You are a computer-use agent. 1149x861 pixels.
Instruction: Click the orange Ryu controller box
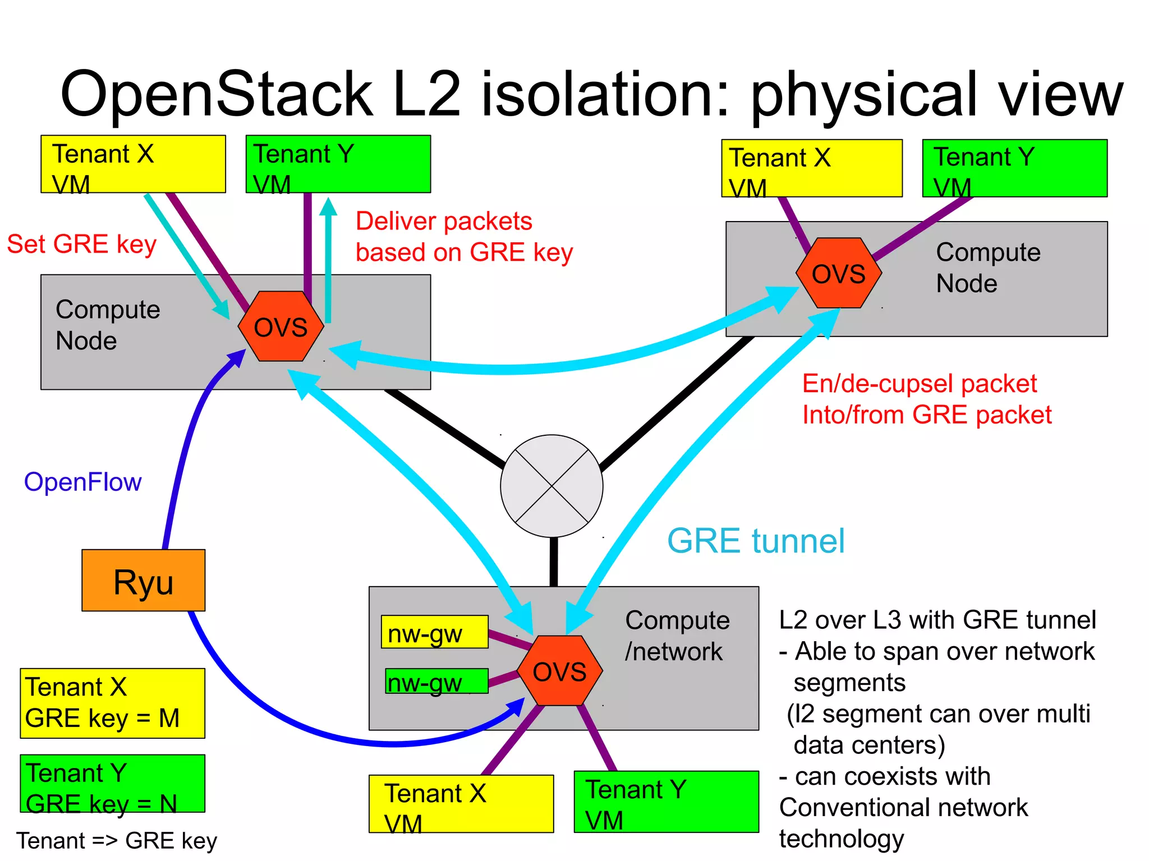click(143, 580)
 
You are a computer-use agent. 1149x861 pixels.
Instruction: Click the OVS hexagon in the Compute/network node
click(559, 671)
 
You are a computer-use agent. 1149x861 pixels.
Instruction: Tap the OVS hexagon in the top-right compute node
click(839, 273)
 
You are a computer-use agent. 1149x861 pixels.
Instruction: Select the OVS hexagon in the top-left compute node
click(281, 326)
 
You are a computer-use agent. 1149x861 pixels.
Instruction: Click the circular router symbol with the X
click(551, 486)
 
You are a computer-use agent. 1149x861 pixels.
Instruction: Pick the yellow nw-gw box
click(434, 632)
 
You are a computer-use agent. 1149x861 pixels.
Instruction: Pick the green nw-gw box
click(436, 681)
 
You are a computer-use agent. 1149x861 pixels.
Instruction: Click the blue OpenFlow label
click(82, 482)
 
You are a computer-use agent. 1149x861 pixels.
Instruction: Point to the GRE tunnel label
click(755, 541)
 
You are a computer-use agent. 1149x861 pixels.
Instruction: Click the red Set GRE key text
click(81, 244)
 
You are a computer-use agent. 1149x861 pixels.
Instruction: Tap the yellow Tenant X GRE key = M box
click(112, 703)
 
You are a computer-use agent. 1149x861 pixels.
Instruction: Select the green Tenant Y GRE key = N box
click(112, 784)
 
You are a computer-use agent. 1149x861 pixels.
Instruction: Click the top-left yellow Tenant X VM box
click(133, 164)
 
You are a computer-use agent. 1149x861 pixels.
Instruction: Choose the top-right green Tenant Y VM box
click(1014, 168)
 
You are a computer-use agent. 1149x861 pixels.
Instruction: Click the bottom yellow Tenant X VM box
click(461, 804)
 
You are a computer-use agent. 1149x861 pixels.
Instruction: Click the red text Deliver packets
click(443, 221)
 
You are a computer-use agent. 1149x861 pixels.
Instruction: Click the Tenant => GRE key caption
click(117, 840)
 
